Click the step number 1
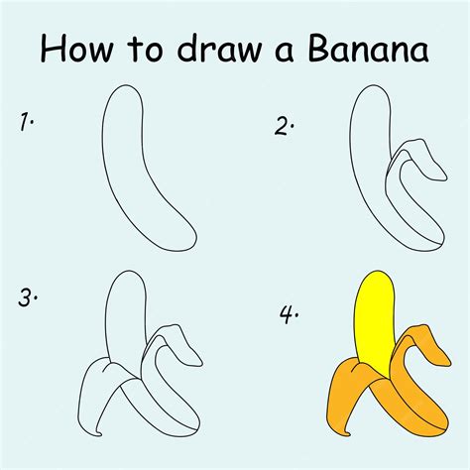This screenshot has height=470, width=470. point(26,123)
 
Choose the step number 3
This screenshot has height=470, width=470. point(28,297)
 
